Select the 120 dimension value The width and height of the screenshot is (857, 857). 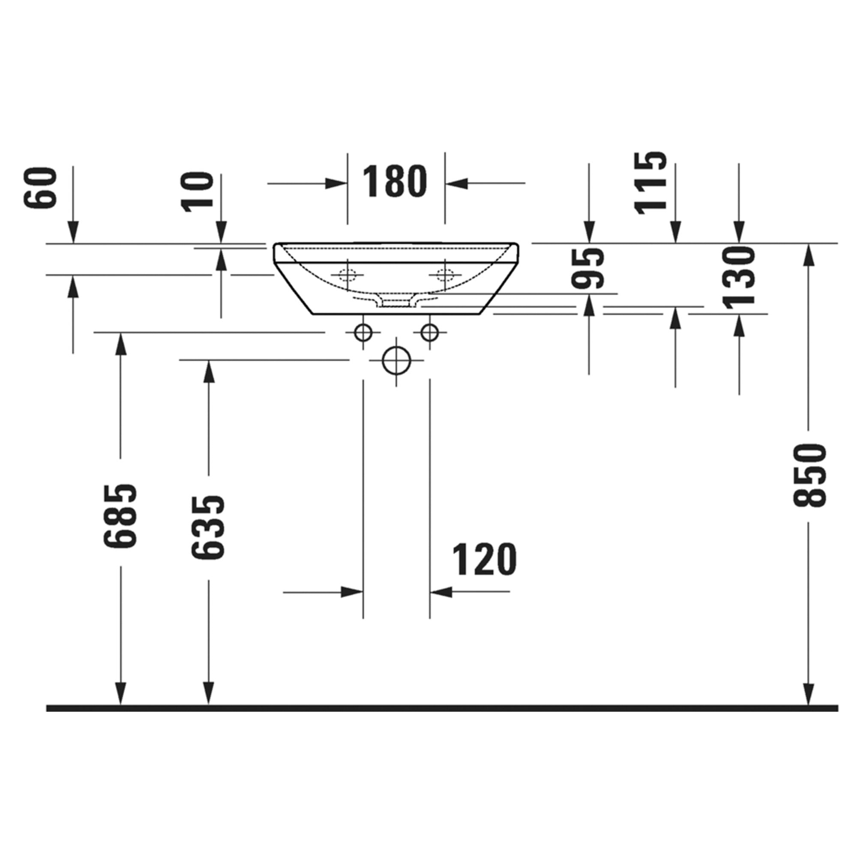click(x=484, y=559)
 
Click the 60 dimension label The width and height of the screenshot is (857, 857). click(x=41, y=187)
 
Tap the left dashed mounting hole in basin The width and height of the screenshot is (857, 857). click(x=348, y=275)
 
